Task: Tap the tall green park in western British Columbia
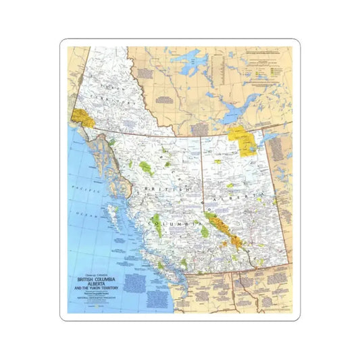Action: tap(156, 225)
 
